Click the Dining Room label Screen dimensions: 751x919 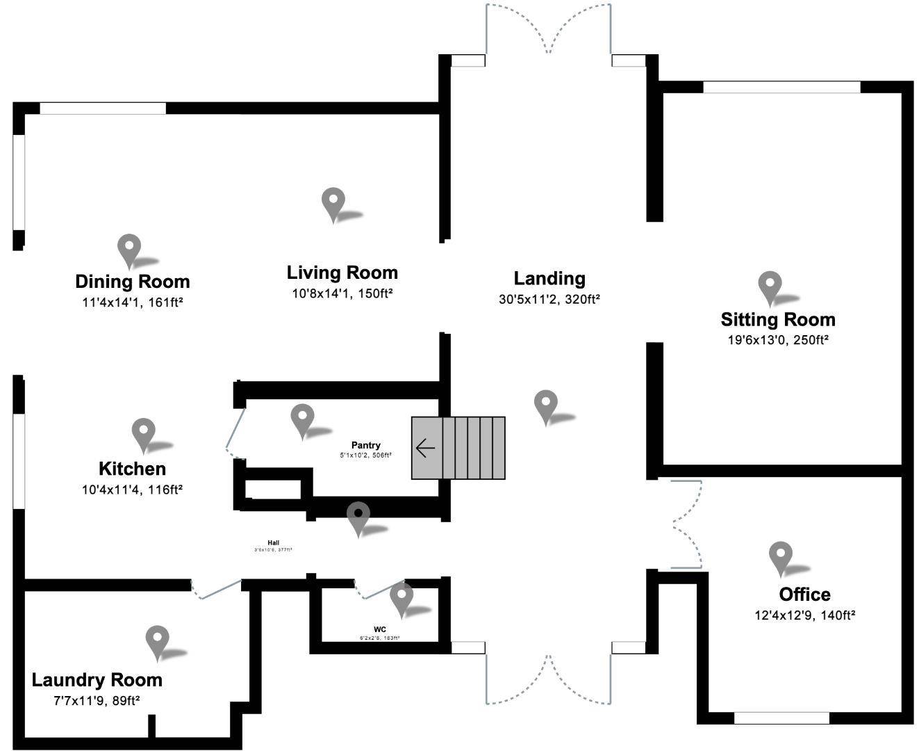pyautogui.click(x=132, y=282)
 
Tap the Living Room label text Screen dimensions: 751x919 pyautogui.click(x=342, y=273)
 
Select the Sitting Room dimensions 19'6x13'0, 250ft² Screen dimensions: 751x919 pyautogui.click(x=777, y=340)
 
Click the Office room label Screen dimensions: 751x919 pyautogui.click(x=804, y=595)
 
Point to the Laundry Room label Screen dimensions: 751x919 pyautogui.click(x=97, y=680)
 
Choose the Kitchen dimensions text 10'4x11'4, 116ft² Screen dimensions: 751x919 pyautogui.click(x=132, y=490)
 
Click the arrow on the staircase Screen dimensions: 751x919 pyautogui.click(x=425, y=448)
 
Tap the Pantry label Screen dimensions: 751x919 pyautogui.click(x=365, y=445)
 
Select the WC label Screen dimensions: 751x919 pyautogui.click(x=379, y=629)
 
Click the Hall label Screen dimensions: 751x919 pyautogui.click(x=273, y=543)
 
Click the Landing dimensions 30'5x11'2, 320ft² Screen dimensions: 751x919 pyautogui.click(x=549, y=300)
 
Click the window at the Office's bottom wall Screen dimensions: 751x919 pyautogui.click(x=781, y=718)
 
